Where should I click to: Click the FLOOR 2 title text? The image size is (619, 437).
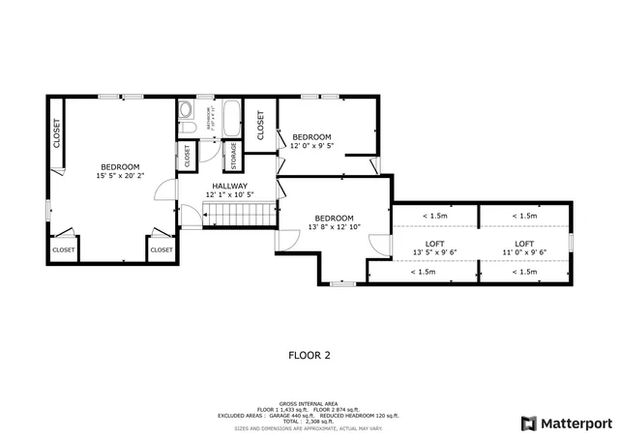pyautogui.click(x=309, y=355)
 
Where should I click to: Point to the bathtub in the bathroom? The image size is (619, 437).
pyautogui.click(x=232, y=120)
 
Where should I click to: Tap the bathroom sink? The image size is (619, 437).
pyautogui.click(x=187, y=109)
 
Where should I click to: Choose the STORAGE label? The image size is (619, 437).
pyautogui.click(x=232, y=155)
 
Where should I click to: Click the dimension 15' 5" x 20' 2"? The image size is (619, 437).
pyautogui.click(x=120, y=176)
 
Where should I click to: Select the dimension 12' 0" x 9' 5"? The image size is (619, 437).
pyautogui.click(x=311, y=146)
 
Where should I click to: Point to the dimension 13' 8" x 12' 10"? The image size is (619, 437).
pyautogui.click(x=334, y=227)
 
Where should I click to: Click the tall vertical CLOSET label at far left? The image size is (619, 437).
pyautogui.click(x=56, y=133)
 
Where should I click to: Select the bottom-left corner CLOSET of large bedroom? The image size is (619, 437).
pyautogui.click(x=63, y=249)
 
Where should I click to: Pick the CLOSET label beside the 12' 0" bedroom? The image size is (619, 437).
pyautogui.click(x=260, y=124)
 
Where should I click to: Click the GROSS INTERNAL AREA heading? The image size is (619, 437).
pyautogui.click(x=309, y=403)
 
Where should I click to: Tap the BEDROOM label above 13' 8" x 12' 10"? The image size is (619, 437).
pyautogui.click(x=334, y=218)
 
